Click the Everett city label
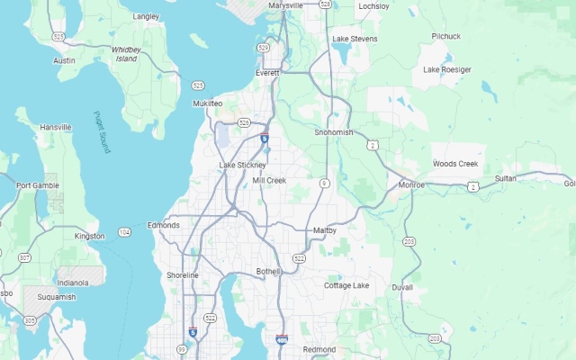tap(267, 73)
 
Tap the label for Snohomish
tap(333, 132)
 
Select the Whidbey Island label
tap(125, 54)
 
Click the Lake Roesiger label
tap(447, 69)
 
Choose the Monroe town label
tap(411, 184)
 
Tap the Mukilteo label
tap(207, 103)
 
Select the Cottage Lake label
tap(346, 285)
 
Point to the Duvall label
tap(402, 287)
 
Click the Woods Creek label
tap(455, 164)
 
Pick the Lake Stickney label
tap(242, 166)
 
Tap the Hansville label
tap(55, 128)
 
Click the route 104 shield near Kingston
tap(124, 232)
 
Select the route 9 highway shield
tap(324, 183)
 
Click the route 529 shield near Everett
tap(263, 47)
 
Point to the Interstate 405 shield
tap(282, 339)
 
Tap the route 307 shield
tap(24, 257)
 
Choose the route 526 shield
tap(244, 121)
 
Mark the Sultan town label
tap(506, 178)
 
